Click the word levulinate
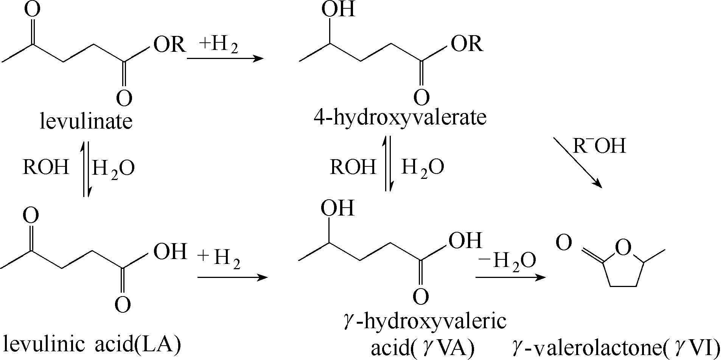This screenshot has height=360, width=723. click(x=86, y=121)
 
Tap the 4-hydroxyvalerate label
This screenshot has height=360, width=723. click(x=400, y=118)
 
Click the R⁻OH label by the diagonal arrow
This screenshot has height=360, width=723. click(x=599, y=146)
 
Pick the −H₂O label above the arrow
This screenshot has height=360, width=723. click(x=507, y=260)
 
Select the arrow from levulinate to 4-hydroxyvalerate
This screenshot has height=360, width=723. click(x=225, y=59)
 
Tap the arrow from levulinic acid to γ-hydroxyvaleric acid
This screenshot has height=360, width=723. click(x=232, y=278)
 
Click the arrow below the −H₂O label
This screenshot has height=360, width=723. click(x=511, y=278)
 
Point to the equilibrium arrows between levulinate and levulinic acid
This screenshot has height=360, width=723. click(x=86, y=169)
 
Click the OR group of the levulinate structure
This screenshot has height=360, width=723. click(x=169, y=44)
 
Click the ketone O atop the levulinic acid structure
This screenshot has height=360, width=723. click(x=31, y=216)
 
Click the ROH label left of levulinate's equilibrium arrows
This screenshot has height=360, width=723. click(x=46, y=167)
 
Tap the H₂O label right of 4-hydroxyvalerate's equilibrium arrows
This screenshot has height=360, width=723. click(x=423, y=167)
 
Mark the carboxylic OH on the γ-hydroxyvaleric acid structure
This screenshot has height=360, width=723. click(x=465, y=240)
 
